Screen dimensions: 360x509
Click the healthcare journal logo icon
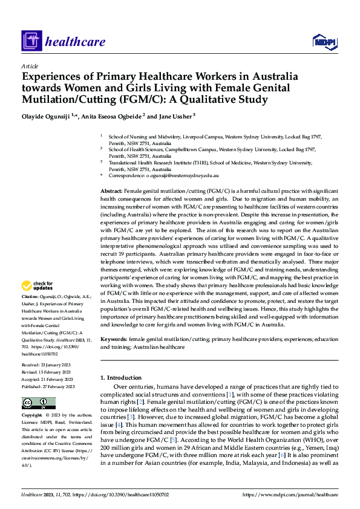coord(31,42)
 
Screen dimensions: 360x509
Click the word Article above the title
coord(29,66)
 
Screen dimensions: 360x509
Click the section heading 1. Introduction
coord(123,378)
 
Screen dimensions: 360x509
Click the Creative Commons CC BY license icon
coord(38,403)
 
